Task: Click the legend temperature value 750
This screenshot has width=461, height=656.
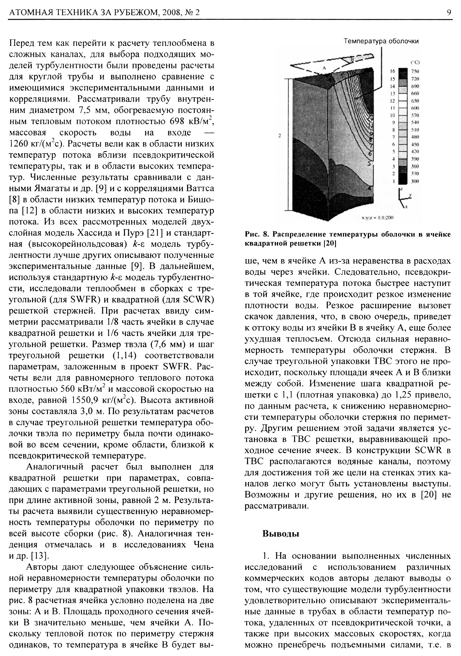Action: [x=415, y=71]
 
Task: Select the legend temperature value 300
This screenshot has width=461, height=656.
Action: [x=415, y=181]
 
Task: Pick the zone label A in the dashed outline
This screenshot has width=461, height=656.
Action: [x=324, y=68]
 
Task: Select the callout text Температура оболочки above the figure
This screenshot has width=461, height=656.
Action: [x=381, y=41]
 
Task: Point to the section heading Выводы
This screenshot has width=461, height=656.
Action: [x=281, y=534]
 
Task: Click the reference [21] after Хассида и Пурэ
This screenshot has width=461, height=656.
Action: [x=154, y=233]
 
